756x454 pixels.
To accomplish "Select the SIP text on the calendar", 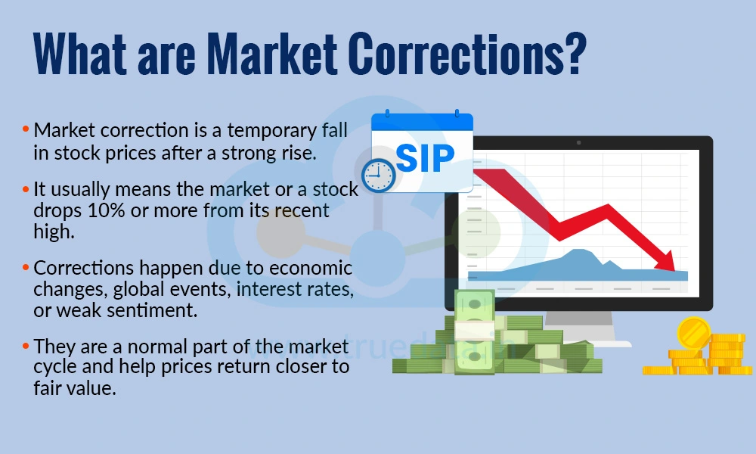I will [425, 156].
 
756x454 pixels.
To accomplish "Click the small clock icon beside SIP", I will [379, 175].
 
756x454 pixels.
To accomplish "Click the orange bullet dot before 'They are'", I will [26, 347].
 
